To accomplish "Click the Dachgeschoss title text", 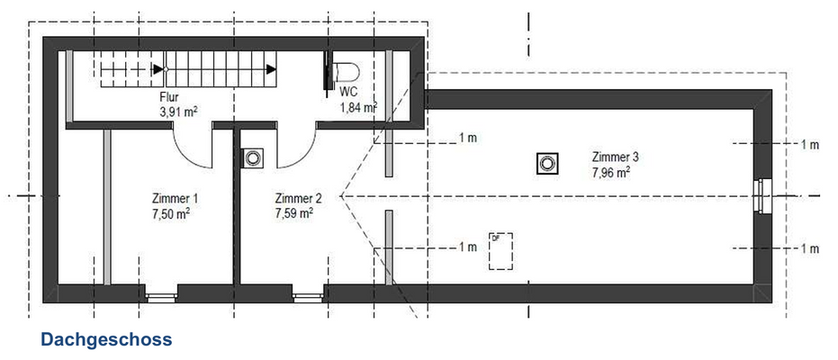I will [x=105, y=340].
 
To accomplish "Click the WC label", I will [x=349, y=92].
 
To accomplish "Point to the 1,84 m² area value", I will [x=357, y=108].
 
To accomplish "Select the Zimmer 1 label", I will [x=171, y=199].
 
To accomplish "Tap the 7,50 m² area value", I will [x=171, y=214].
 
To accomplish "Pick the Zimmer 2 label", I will [x=298, y=199].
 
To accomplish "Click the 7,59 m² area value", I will [x=294, y=214].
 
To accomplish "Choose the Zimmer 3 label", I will [x=616, y=156].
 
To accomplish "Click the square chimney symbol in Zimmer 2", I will [x=253, y=157].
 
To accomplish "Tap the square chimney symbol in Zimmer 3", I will [x=547, y=164].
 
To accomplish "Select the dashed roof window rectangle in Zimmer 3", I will [x=500, y=249].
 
